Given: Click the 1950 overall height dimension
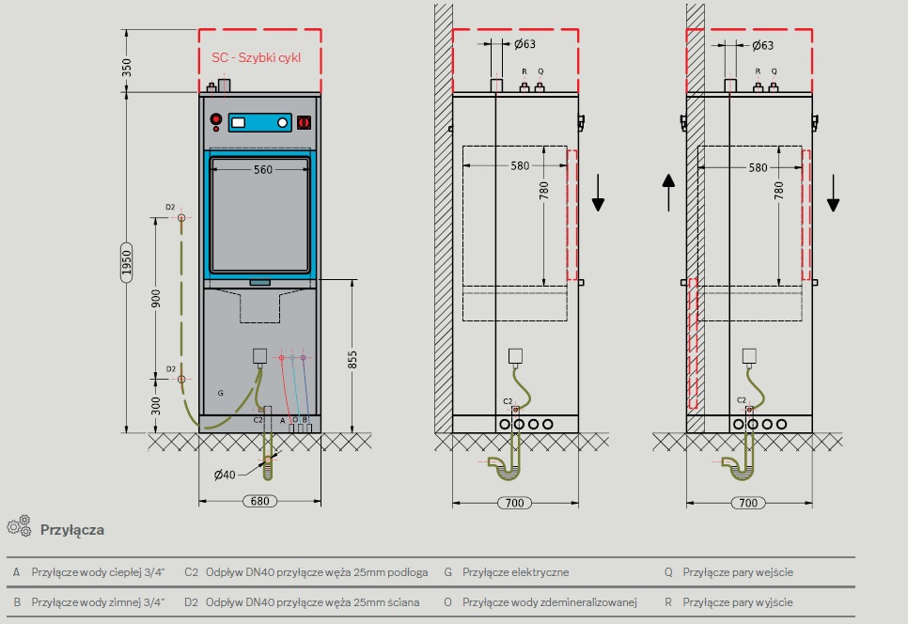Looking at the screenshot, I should [x=126, y=263].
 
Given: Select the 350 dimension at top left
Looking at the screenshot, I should [x=127, y=68].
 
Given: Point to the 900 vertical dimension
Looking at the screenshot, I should [x=157, y=298].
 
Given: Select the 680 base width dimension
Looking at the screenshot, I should [x=260, y=501].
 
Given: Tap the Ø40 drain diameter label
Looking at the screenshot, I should [x=226, y=475].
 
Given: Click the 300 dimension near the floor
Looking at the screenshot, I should [x=157, y=404].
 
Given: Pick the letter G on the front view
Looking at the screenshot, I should [x=220, y=391].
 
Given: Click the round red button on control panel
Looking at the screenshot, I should [x=216, y=120].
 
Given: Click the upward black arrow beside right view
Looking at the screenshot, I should [x=667, y=193].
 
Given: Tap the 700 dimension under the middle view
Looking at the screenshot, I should [x=513, y=504].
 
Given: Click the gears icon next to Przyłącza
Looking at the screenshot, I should [x=19, y=527].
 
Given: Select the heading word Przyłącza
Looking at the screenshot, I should [x=71, y=530].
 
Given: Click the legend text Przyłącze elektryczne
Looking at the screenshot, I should [x=513, y=571].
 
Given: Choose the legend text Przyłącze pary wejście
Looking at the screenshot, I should [x=738, y=571].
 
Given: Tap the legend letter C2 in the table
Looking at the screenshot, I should [x=191, y=571].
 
